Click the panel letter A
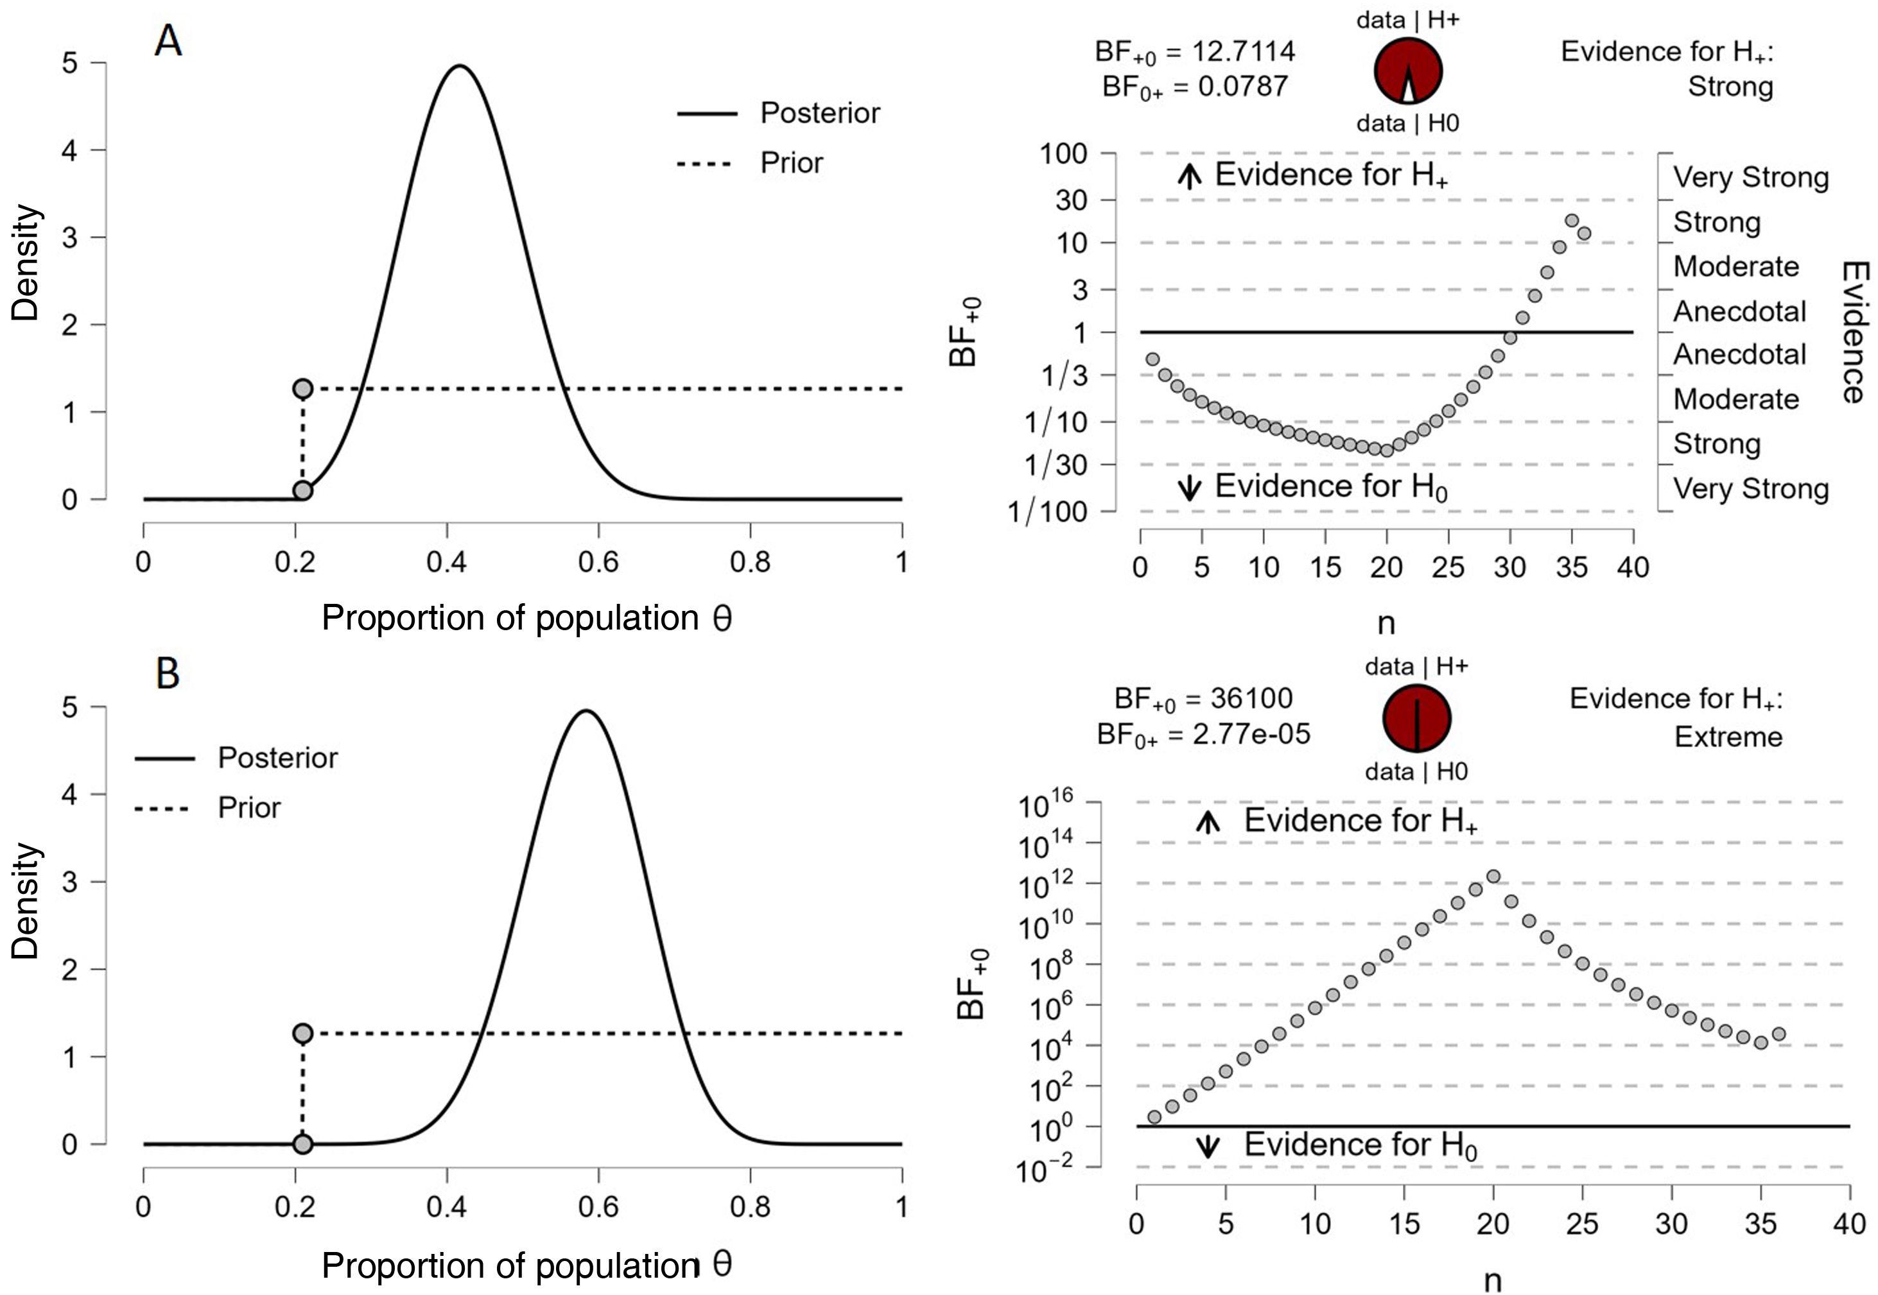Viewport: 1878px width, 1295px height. click(x=168, y=40)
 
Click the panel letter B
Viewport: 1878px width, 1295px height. click(x=168, y=673)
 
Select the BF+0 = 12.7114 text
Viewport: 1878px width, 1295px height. click(x=1195, y=53)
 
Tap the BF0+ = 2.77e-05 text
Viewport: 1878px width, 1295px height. click(x=1203, y=734)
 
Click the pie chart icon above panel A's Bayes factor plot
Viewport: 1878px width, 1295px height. click(x=1408, y=71)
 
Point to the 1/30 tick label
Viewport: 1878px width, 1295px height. click(x=1055, y=465)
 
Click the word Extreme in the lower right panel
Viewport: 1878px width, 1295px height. click(x=1728, y=737)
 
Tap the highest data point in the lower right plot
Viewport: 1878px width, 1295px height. click(x=1493, y=877)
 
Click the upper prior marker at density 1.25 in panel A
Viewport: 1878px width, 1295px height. click(x=302, y=389)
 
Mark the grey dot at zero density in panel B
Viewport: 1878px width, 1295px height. click(x=302, y=1144)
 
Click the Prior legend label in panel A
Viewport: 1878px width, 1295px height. click(x=791, y=163)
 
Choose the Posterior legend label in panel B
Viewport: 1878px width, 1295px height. click(x=277, y=758)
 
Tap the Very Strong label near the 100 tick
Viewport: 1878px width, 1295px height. click(x=1751, y=177)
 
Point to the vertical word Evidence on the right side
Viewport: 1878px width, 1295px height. click(x=1854, y=332)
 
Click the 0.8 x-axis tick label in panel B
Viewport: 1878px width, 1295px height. click(x=750, y=1207)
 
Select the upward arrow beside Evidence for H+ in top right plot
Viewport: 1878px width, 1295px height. click(x=1189, y=175)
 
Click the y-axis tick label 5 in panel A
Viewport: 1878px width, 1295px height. click(x=71, y=62)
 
